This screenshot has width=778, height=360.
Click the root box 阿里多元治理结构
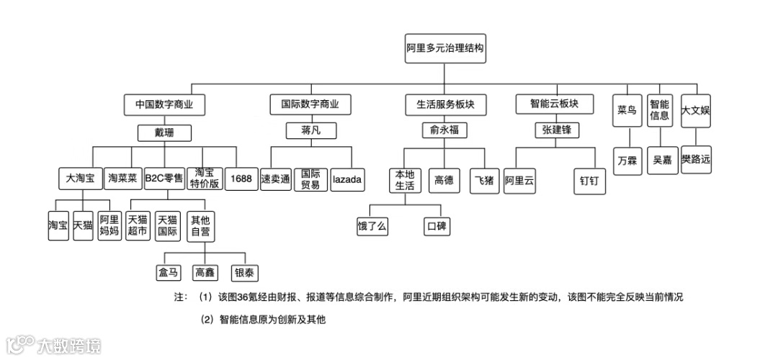click(444, 50)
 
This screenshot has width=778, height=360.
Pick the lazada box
click(347, 179)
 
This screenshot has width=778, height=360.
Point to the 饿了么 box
click(372, 226)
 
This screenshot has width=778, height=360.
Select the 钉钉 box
click(589, 181)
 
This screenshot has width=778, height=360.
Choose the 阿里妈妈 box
click(109, 226)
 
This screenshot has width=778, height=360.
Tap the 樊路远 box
click(696, 159)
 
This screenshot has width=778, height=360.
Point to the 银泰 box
click(244, 273)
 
